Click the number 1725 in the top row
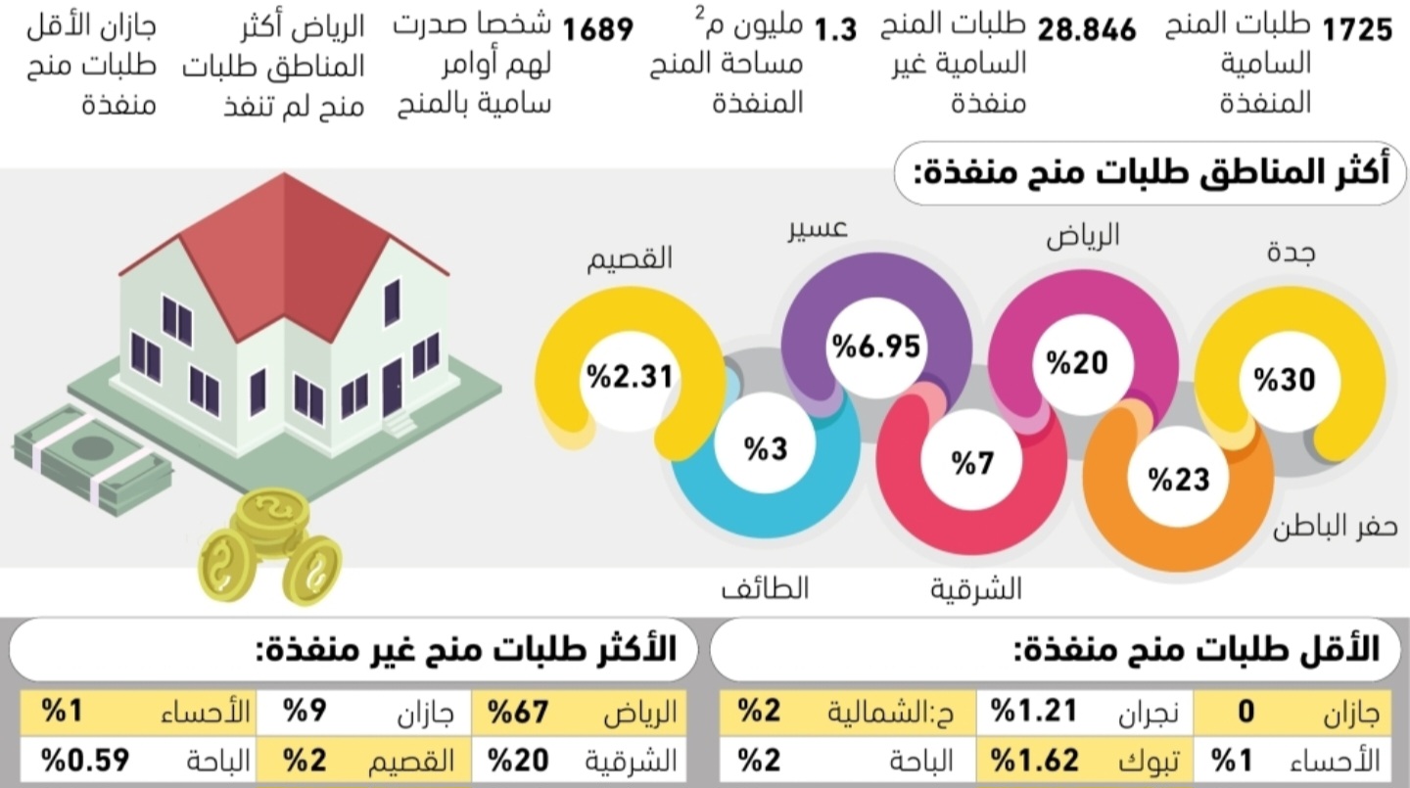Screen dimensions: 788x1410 pyautogui.click(x=1357, y=31)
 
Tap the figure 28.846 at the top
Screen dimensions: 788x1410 pyautogui.click(x=1087, y=31)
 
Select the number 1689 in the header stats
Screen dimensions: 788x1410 pyautogui.click(x=597, y=31)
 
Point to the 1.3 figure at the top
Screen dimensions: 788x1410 pyautogui.click(x=835, y=30)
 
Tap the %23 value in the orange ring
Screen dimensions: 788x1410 pyautogui.click(x=1180, y=480)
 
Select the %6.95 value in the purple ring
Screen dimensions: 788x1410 pyautogui.click(x=877, y=348)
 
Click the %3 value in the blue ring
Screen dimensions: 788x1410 pyautogui.click(x=765, y=449)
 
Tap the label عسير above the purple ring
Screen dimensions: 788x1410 pyautogui.click(x=819, y=230)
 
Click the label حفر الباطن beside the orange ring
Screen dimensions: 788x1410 pyautogui.click(x=1335, y=530)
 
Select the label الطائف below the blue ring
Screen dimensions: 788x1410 pyautogui.click(x=765, y=589)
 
